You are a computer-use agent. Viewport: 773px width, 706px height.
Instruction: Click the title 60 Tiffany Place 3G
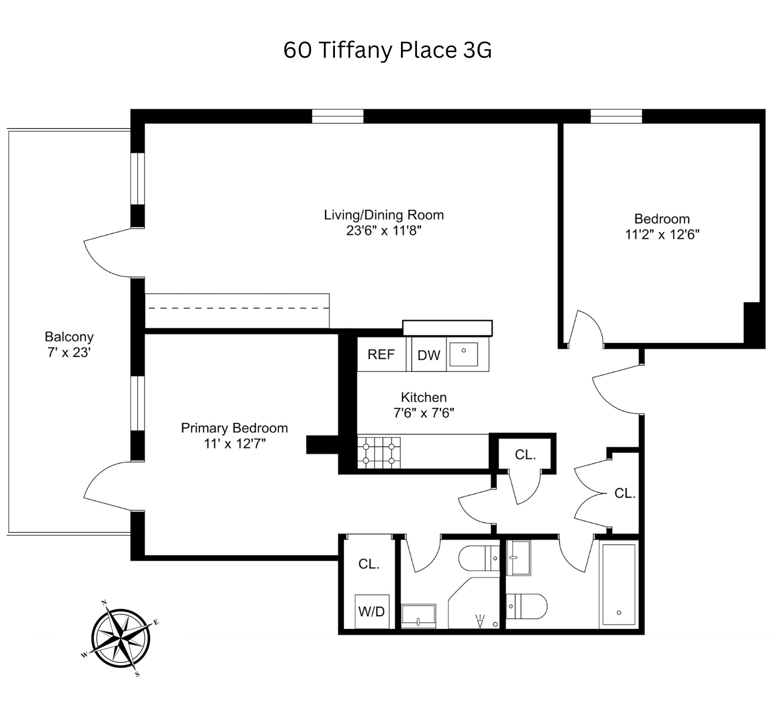[x=387, y=50]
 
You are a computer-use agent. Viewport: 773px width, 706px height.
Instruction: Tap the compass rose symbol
[x=120, y=638]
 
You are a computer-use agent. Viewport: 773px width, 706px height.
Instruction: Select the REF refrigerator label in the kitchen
[x=381, y=354]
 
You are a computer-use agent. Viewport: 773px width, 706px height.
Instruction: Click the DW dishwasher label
[x=428, y=355]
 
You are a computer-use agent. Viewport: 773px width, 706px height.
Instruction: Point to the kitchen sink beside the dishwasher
[x=464, y=354]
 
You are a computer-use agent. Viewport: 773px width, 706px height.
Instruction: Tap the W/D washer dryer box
[x=371, y=612]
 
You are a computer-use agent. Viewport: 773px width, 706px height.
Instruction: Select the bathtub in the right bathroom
[x=618, y=585]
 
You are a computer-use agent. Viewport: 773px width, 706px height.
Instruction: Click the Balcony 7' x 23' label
[x=69, y=345]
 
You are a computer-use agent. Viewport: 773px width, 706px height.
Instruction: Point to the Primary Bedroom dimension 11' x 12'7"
[x=235, y=443]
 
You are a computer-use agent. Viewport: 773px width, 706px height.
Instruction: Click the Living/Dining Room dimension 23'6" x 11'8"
[x=384, y=230]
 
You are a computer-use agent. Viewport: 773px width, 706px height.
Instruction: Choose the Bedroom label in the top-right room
[x=662, y=219]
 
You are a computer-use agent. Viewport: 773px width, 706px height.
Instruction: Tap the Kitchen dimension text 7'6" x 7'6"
[x=424, y=413]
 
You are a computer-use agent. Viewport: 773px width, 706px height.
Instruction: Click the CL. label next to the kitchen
[x=525, y=455]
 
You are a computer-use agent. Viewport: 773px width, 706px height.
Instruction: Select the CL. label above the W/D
[x=369, y=564]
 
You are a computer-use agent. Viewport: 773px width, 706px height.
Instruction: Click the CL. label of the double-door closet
[x=624, y=493]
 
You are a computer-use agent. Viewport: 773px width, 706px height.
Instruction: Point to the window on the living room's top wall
[x=337, y=116]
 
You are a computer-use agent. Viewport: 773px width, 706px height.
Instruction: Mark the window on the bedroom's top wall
[x=616, y=116]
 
